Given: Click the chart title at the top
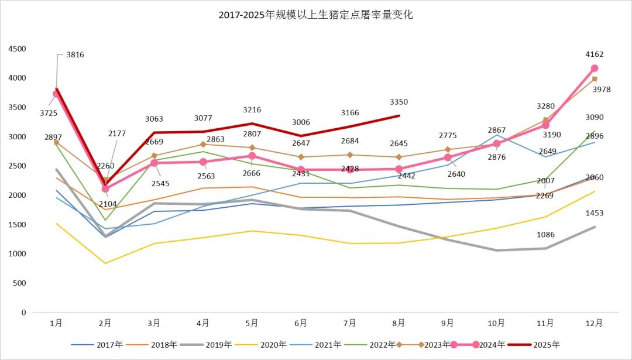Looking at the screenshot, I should point(316,15).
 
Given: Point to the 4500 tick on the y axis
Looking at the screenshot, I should point(17,49).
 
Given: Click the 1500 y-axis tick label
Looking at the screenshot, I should point(17,225).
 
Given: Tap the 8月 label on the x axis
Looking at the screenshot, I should point(399,323).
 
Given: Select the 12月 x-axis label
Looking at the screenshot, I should point(594,323).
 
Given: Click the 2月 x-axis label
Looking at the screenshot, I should point(105,323).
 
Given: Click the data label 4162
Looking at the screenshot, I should point(594,54).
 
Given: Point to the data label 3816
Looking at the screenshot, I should point(75,55).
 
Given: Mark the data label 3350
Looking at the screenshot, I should point(399,102).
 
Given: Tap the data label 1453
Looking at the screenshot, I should point(594,213).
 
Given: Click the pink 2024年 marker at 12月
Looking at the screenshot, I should point(594,68).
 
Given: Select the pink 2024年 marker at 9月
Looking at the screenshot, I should point(448,157).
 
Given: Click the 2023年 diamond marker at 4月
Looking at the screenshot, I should point(203,144).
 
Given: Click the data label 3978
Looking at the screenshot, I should point(594,90).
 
